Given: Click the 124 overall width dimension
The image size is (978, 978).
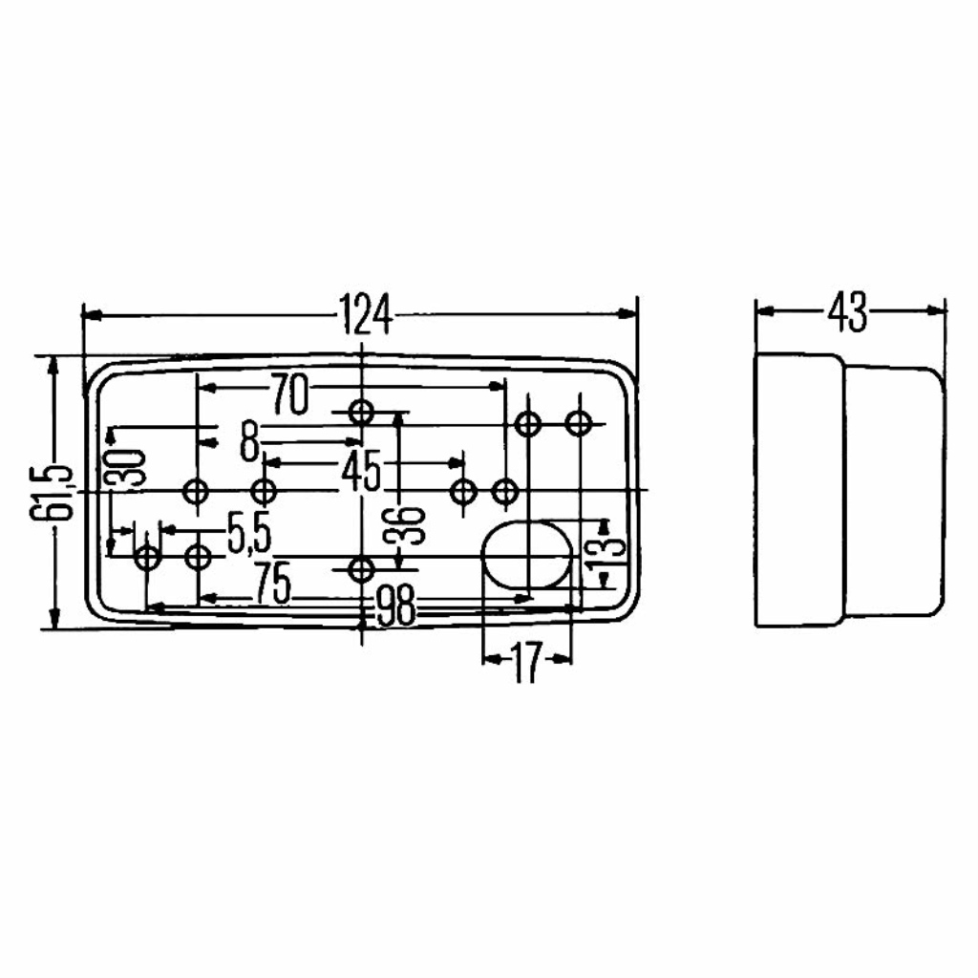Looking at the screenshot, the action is [x=366, y=314].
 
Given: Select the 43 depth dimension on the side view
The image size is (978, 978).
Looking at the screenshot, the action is [x=848, y=311].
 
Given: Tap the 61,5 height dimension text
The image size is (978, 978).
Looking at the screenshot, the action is [x=52, y=492].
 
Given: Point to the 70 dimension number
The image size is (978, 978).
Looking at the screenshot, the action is [x=288, y=394].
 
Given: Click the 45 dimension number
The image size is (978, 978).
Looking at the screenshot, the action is [x=361, y=471].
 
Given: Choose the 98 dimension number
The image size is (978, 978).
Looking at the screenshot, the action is [x=396, y=606].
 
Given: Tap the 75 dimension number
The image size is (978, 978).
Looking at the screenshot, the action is [x=272, y=584].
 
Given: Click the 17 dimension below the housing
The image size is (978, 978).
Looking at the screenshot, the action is [x=526, y=663].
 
